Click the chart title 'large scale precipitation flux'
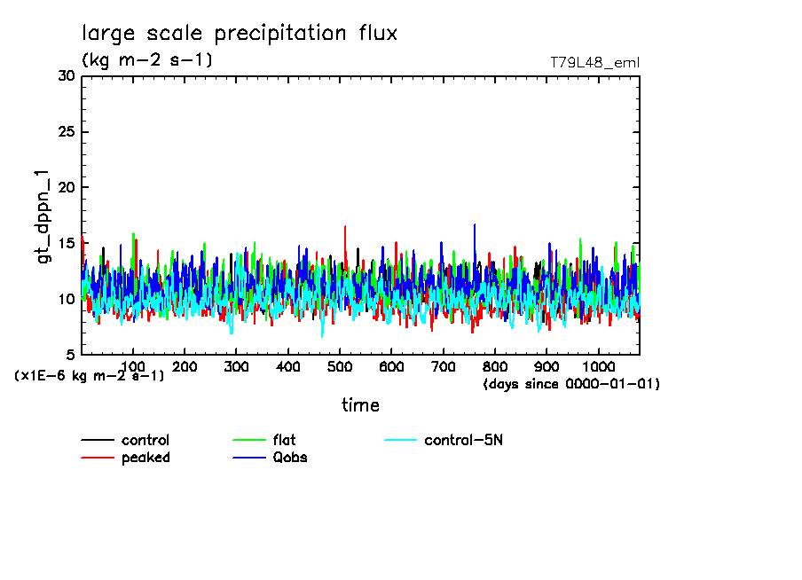(x=240, y=34)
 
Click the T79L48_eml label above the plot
(x=594, y=62)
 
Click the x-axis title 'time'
(x=360, y=405)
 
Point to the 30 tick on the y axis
(x=66, y=76)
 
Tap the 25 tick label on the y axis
(x=66, y=132)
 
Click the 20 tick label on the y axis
(x=66, y=188)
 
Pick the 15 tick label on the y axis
(x=66, y=244)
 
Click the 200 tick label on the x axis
(x=185, y=366)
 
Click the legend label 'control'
(x=145, y=441)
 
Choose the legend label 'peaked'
(x=145, y=458)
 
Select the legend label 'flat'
(x=285, y=441)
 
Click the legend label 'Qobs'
(x=289, y=458)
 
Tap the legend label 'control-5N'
(x=463, y=441)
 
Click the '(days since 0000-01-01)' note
(x=571, y=384)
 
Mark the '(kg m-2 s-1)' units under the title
(x=146, y=60)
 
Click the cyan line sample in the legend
(x=400, y=441)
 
